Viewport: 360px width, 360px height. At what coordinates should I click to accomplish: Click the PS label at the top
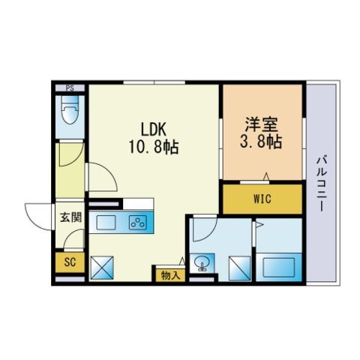point(70,86)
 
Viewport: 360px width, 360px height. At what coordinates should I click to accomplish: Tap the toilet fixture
point(70,112)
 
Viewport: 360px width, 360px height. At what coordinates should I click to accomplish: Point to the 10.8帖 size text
point(152,146)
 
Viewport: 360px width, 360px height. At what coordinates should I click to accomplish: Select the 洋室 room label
point(261,122)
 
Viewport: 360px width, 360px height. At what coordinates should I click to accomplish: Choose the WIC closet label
point(262,200)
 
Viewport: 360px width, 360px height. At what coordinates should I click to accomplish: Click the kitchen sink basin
point(105,221)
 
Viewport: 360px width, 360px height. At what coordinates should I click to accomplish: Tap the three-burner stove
point(136,221)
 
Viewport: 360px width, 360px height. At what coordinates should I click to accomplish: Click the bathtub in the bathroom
point(279,265)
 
